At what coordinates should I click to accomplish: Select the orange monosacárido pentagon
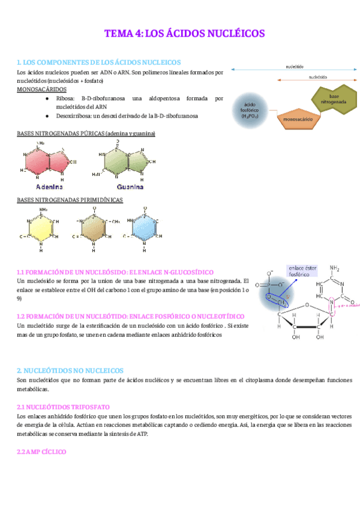(x=298, y=119)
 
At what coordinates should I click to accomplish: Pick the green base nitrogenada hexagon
(x=334, y=98)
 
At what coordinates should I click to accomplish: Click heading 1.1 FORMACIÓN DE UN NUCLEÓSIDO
(x=115, y=272)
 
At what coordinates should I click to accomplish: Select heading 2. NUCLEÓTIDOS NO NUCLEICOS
(x=70, y=371)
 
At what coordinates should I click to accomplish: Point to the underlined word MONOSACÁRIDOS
(x=42, y=89)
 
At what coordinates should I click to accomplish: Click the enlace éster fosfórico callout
(x=303, y=271)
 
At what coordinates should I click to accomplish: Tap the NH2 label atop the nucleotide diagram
(x=335, y=268)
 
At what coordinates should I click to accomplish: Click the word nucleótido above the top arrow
(x=295, y=67)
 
